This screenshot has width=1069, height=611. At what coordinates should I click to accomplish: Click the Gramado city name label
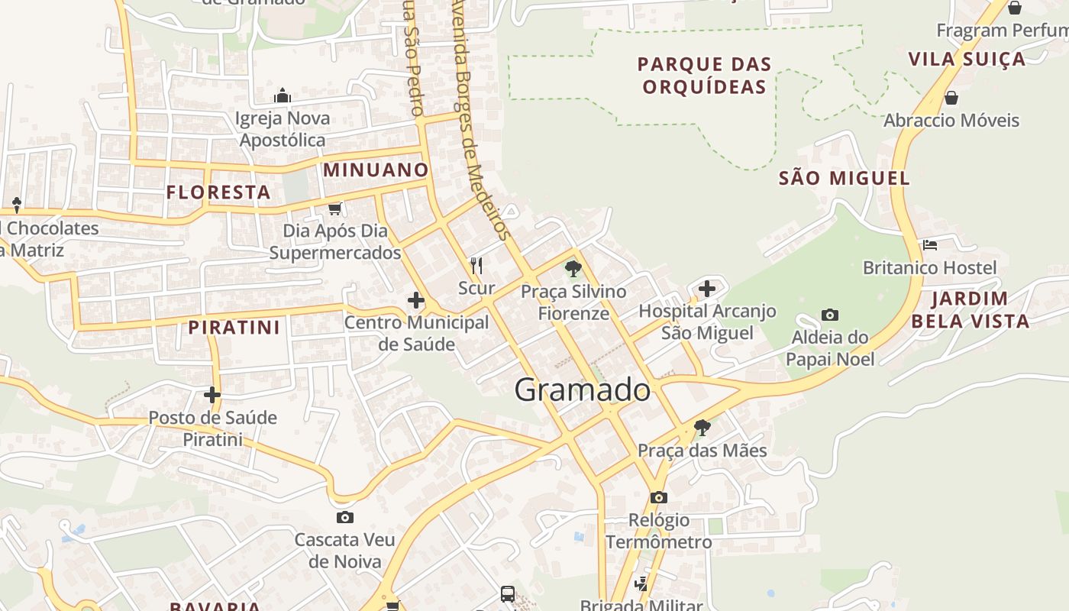point(583,390)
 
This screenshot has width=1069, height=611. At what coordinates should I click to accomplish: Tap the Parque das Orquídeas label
point(704,75)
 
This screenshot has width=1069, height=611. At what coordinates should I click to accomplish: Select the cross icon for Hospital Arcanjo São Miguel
point(707,289)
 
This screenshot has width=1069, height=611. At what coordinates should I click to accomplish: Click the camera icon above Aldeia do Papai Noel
point(830,315)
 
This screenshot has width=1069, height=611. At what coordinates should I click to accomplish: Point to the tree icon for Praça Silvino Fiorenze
point(573,269)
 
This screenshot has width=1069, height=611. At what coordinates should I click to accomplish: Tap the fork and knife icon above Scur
point(476,265)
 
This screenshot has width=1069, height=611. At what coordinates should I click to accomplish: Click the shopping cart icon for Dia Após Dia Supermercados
point(334,208)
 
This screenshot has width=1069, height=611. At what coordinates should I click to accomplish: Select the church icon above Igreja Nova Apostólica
point(283,95)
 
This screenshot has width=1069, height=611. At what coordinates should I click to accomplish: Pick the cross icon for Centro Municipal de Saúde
point(416,300)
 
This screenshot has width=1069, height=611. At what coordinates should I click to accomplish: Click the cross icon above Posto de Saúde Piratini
point(212,395)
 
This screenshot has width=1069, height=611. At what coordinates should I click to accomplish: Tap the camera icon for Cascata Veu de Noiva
point(345,517)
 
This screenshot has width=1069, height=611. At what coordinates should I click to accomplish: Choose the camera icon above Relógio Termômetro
point(658,497)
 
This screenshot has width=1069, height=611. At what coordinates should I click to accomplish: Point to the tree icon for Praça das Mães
point(702,428)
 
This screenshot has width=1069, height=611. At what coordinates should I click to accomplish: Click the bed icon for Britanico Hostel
point(930,245)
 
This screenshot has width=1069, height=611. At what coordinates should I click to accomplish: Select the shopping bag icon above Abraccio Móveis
point(951,98)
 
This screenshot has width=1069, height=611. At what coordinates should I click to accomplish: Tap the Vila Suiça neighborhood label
point(967,59)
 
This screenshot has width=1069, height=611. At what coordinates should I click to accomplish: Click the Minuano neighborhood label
point(376,170)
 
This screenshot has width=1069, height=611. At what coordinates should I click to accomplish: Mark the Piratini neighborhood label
point(234,328)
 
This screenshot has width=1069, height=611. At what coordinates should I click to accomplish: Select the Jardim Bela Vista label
point(970,309)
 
